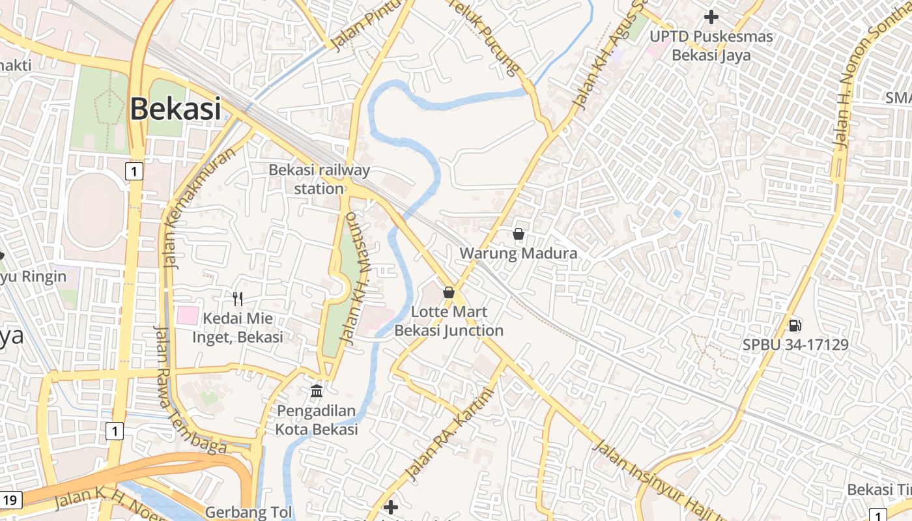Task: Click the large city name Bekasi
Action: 175,108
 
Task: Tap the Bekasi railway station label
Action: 319,179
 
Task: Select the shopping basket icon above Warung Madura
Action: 519,234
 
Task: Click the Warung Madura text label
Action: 519,253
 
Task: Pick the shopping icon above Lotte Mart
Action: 448,292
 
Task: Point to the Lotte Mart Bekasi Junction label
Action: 449,321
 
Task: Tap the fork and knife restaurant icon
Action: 238,299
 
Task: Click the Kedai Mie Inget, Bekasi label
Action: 237,328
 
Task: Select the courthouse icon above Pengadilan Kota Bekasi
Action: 317,391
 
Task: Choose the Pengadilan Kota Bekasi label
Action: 317,420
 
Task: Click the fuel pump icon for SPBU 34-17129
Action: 795,325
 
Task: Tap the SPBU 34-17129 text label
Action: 795,345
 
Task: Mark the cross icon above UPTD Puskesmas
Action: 711,16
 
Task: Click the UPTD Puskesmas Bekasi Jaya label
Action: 711,46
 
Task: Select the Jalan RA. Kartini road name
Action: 449,434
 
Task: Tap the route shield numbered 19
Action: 10,500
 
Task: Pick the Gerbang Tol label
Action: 249,512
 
